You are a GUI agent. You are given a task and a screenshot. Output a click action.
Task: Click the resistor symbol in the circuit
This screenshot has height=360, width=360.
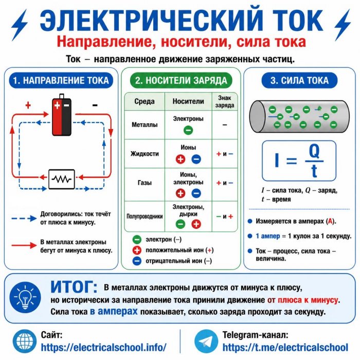[x=62, y=179]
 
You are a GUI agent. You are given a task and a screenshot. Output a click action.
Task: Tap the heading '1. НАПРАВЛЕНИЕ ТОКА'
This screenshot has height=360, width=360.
[x=61, y=81]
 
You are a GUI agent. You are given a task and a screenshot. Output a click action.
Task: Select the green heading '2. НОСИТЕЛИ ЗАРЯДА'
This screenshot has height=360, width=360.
[x=181, y=81]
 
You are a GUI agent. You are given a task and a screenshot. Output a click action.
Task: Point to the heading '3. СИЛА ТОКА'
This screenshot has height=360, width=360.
[x=299, y=81]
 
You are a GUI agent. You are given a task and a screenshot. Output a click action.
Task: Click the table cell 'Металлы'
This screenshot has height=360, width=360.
[x=145, y=124]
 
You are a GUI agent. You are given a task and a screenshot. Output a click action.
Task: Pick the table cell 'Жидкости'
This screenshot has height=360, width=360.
[x=145, y=154]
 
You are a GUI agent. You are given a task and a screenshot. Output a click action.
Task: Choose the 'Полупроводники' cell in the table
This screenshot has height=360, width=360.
[x=145, y=217]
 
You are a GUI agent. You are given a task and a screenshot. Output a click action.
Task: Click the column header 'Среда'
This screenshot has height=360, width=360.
[x=145, y=101]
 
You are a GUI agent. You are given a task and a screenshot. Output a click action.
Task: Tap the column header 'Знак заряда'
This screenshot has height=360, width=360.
[x=225, y=101]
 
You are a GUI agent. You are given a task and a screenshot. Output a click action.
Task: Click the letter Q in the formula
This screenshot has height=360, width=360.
[x=314, y=151]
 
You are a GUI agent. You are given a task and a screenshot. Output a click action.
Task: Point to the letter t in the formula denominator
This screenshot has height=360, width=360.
[x=314, y=171]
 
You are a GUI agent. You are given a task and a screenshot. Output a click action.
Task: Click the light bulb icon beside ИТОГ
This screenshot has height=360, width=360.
[x=25, y=298]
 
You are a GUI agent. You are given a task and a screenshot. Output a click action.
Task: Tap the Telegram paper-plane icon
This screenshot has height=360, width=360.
[x=206, y=341]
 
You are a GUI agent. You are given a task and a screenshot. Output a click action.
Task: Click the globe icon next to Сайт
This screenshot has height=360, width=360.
[x=25, y=341]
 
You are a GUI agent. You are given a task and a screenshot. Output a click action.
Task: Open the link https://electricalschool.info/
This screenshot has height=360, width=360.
[x=103, y=347]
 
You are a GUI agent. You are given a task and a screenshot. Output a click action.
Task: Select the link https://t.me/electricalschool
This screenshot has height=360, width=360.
[x=285, y=347]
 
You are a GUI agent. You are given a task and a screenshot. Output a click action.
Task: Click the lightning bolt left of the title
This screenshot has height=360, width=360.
[x=20, y=25]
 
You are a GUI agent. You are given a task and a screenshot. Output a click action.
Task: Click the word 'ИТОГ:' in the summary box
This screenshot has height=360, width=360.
[x=74, y=287]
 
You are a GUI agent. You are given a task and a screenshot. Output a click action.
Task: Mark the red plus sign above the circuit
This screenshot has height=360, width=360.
[x=28, y=105]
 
